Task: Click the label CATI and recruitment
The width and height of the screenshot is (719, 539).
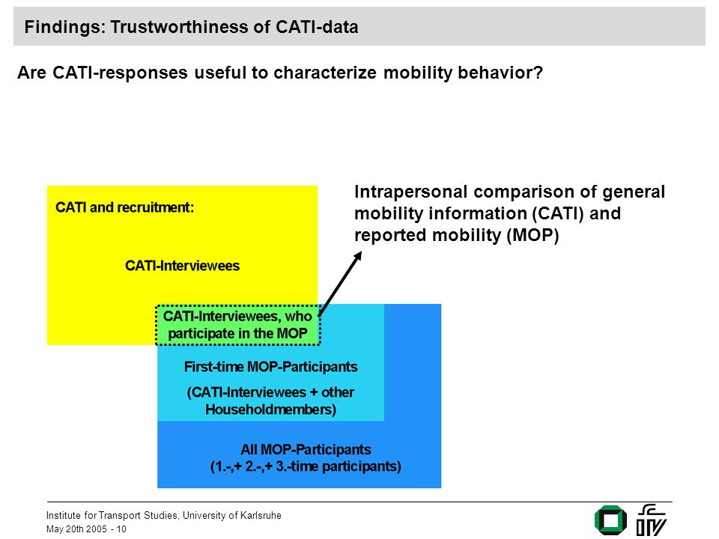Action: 125,207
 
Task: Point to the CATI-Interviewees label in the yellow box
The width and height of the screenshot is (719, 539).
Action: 183,265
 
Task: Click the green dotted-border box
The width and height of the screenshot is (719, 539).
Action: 238,325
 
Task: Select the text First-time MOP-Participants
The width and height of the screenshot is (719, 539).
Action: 270,367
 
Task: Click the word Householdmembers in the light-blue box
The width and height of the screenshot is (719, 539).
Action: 270,409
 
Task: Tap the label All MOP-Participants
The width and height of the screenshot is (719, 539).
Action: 306,449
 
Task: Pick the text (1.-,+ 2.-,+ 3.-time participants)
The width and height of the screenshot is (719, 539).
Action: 306,466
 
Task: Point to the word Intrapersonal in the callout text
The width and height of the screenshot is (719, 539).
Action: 411,192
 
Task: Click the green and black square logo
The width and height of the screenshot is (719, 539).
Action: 610,520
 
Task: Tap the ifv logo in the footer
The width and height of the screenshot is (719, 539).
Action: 651,520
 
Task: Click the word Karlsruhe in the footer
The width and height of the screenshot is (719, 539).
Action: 261,515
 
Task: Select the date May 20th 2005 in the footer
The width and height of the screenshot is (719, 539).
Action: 76,529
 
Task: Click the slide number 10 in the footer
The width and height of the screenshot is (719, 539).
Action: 121,529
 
